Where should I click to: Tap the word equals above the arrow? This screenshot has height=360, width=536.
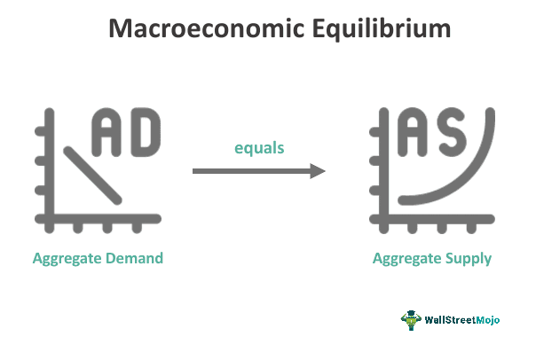[259, 148]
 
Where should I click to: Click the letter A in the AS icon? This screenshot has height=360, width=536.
[418, 130]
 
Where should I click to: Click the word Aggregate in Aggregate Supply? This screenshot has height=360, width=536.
[406, 259]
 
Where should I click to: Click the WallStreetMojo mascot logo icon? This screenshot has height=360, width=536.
[412, 319]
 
